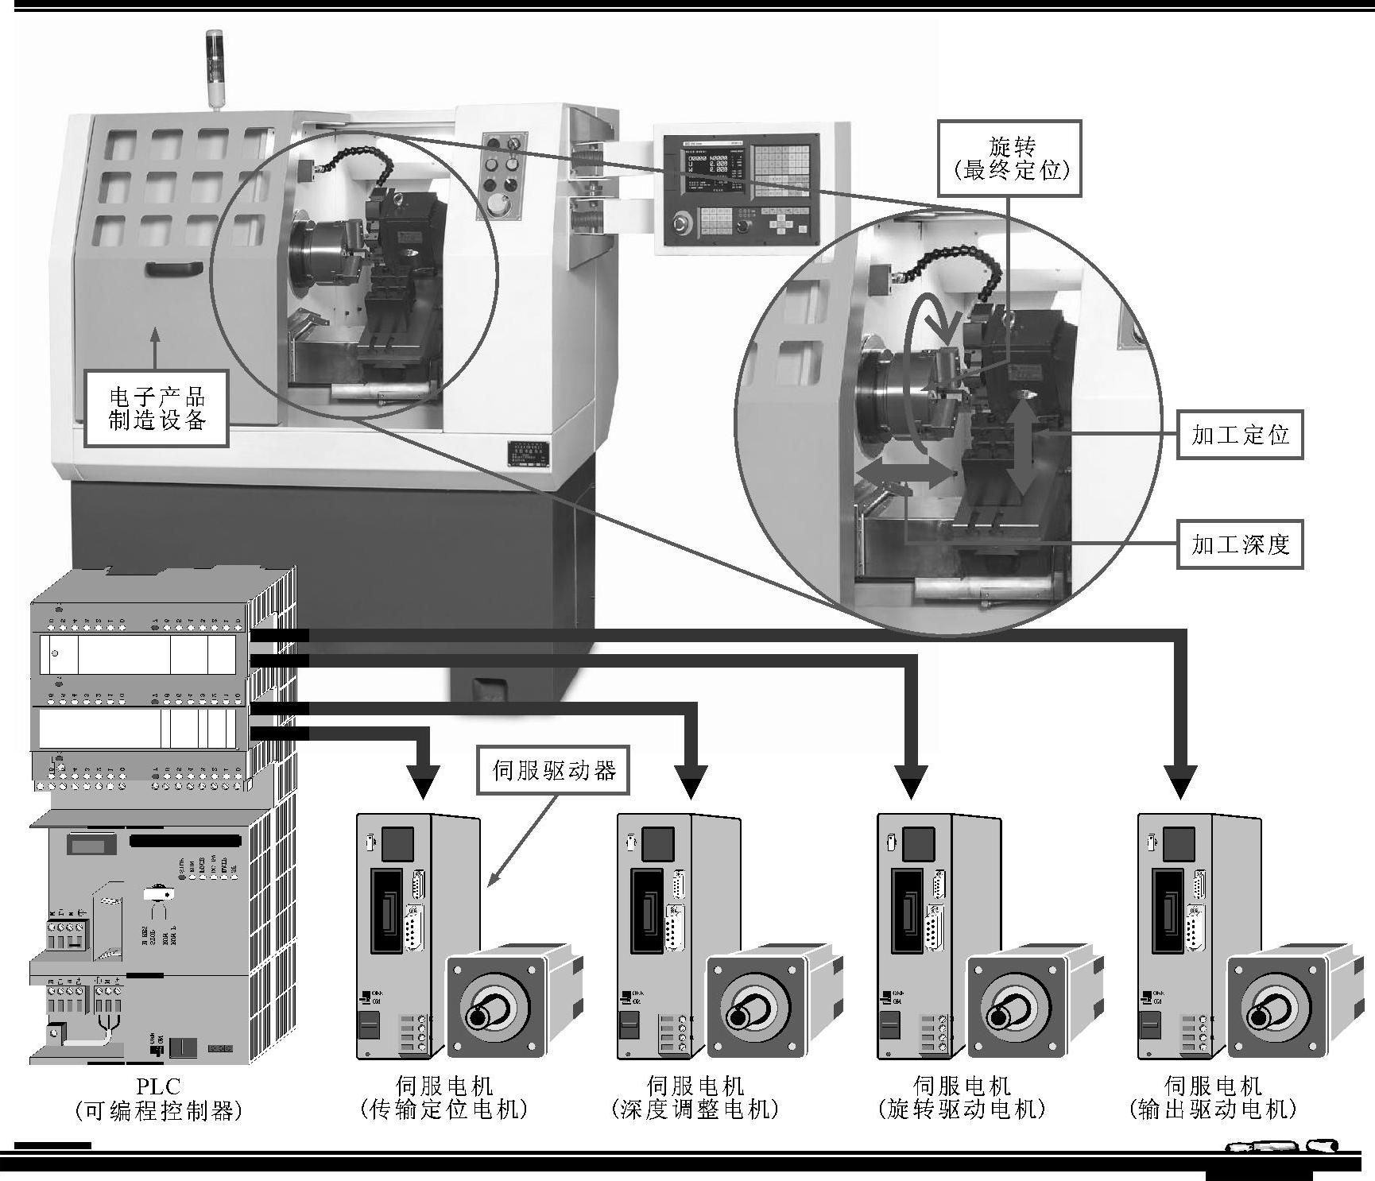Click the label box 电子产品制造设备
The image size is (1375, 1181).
[x=157, y=407]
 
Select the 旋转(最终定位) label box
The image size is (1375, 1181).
[x=1009, y=157]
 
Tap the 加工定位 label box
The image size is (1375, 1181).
[x=1239, y=435]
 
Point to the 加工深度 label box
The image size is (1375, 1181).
[x=1239, y=544]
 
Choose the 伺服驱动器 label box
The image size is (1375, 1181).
[x=554, y=769]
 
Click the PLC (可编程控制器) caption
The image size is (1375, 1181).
[x=157, y=1098]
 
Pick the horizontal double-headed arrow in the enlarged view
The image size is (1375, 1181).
[x=905, y=471]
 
